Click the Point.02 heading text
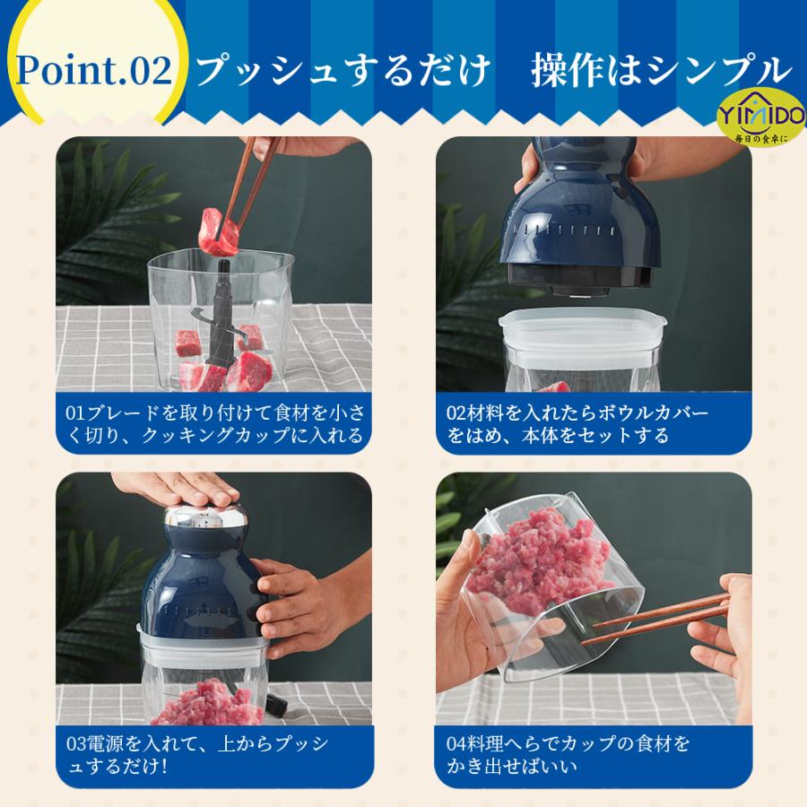[94, 70]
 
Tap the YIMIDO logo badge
[761, 117]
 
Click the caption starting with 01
[215, 424]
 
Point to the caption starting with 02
[577, 424]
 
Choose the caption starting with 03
[197, 754]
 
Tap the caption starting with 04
[568, 754]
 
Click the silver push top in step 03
[204, 516]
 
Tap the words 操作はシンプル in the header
[662, 70]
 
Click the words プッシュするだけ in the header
[343, 70]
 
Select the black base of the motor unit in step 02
[580, 276]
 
